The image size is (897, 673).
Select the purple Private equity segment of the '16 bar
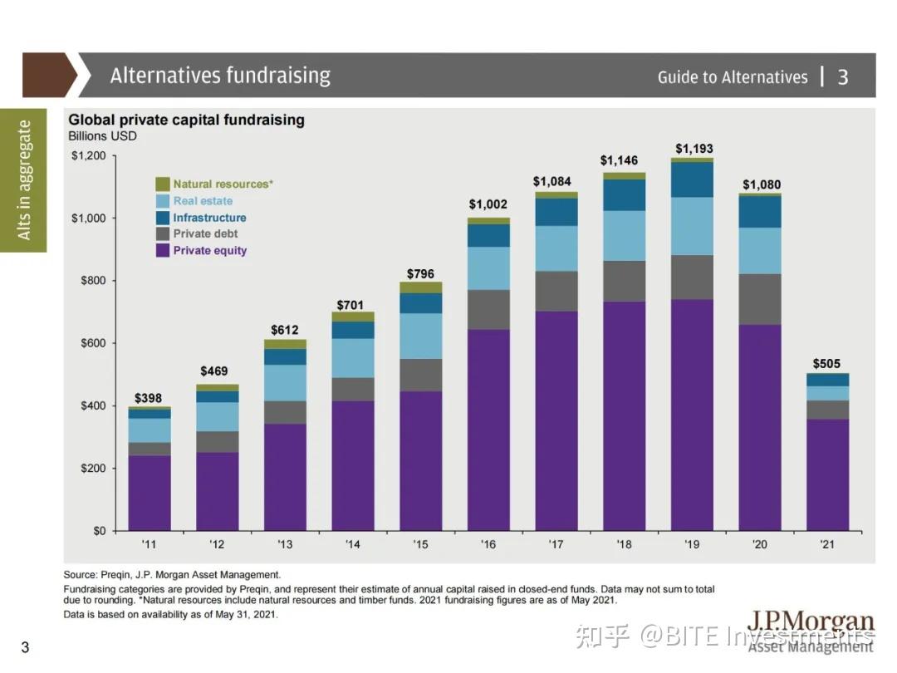click(488, 430)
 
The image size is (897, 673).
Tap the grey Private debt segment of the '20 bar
click(760, 299)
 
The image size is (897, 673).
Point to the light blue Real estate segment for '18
click(624, 235)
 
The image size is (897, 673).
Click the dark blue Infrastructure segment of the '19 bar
click(692, 179)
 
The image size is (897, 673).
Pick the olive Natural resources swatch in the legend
click(163, 184)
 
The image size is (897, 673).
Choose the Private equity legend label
click(209, 250)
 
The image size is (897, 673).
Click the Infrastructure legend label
click(209, 217)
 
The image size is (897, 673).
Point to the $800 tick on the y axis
click(92, 281)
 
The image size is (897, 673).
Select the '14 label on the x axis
click(353, 544)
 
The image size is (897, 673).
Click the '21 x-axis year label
click(827, 544)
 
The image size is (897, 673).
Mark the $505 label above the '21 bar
click(827, 363)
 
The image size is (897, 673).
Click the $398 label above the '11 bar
click(149, 398)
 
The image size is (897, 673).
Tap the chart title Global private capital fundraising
click(186, 120)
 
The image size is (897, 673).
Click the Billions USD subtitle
click(102, 135)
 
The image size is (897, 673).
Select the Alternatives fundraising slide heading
click(220, 76)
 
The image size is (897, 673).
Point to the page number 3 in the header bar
click(843, 77)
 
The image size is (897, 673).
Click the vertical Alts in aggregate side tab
click(24, 179)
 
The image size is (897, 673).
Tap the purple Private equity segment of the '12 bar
click(217, 491)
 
